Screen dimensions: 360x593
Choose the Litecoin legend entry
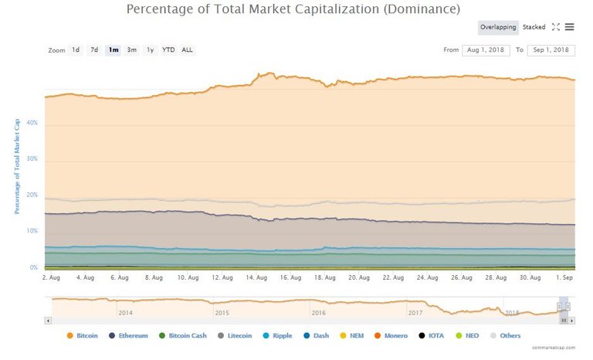239,335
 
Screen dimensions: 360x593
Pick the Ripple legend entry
282,335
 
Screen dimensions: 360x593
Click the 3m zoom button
132,50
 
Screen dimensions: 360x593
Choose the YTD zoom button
168,50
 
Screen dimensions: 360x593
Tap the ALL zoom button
187,50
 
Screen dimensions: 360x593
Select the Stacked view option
534,27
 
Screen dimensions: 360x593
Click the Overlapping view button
498,27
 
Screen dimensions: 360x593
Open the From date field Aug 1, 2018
486,50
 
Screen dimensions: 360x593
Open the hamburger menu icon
569,27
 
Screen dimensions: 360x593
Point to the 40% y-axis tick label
32,123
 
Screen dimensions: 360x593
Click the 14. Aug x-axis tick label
256,277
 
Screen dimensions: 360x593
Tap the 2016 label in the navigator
318,313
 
